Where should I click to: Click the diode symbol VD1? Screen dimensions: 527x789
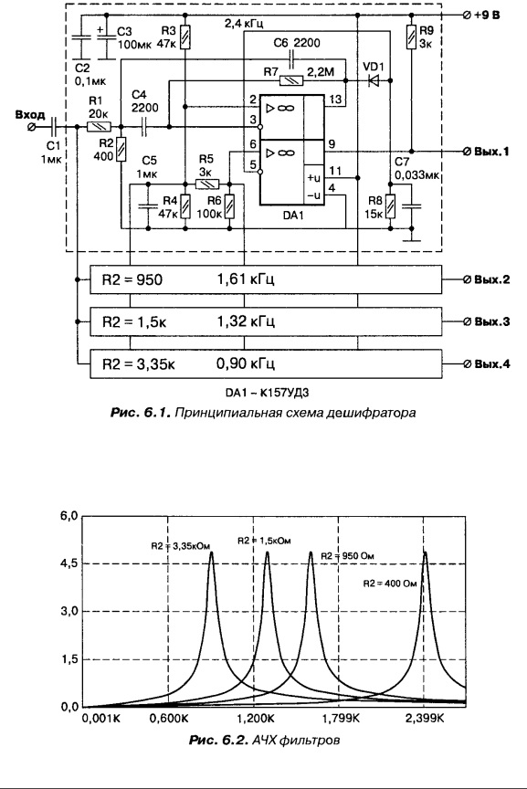[374, 80]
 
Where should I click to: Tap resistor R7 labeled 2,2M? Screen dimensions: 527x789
[291, 80]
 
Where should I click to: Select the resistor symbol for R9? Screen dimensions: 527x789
[412, 37]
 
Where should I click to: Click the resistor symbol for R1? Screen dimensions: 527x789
[100, 127]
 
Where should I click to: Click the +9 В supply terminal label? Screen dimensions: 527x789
[487, 16]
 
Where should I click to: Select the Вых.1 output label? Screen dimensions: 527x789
[491, 152]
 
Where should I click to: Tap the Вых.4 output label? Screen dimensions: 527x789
[491, 363]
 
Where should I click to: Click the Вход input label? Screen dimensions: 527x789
[30, 115]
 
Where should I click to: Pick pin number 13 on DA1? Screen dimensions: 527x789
[334, 100]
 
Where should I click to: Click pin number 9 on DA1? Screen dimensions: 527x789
[332, 144]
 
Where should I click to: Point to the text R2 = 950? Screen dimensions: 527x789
[132, 279]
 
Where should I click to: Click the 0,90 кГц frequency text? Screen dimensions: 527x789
[246, 363]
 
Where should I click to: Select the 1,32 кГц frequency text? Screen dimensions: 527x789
[246, 321]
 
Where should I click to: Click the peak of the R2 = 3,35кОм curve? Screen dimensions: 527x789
[211, 552]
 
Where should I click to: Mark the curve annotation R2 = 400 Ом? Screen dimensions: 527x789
[390, 584]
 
